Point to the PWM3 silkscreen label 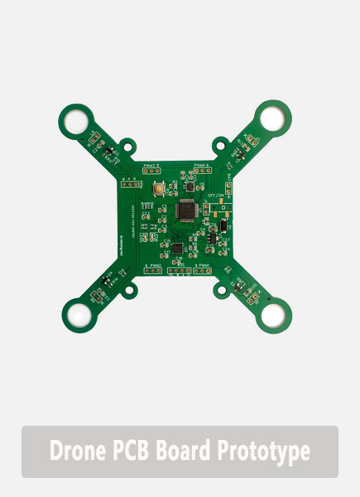pos(151,166)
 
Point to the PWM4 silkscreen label pos(200,166)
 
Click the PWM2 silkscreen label pos(155,265)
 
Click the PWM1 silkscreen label pos(202,265)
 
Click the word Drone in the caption pos(74,451)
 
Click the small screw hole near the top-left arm pos(127,147)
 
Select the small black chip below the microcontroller pos(175,247)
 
